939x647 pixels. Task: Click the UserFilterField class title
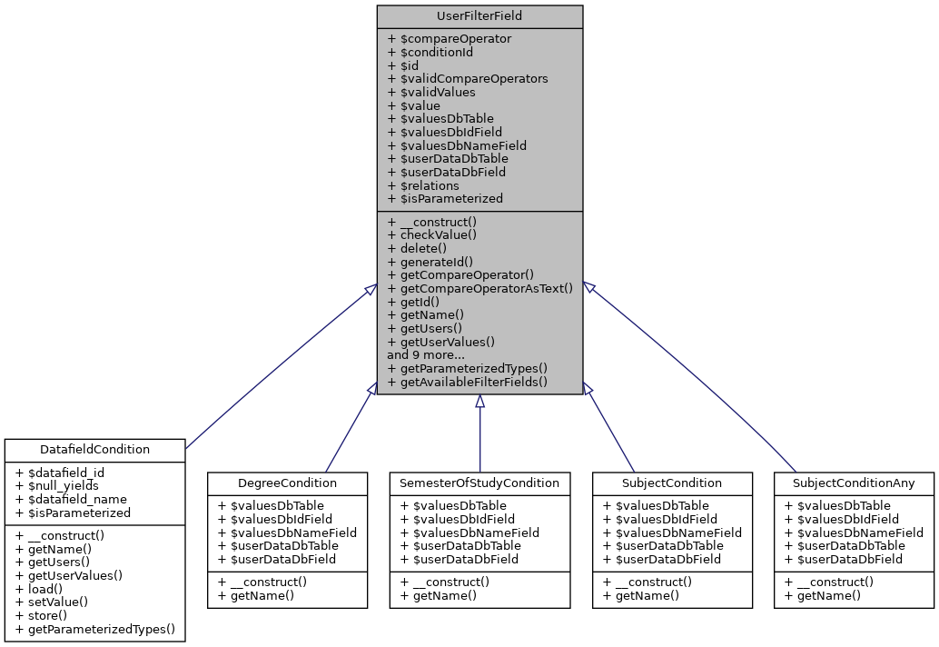point(479,16)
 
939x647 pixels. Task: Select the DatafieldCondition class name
point(95,450)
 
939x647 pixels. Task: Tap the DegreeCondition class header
point(287,483)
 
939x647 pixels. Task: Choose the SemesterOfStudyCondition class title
point(479,483)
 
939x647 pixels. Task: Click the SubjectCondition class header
point(672,483)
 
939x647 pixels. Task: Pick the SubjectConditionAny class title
point(854,483)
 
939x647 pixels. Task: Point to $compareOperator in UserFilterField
point(450,39)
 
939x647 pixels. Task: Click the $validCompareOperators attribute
point(468,79)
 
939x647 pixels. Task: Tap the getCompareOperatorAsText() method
point(480,288)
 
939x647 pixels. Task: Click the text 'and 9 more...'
point(426,355)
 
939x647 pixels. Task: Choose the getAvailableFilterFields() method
point(468,382)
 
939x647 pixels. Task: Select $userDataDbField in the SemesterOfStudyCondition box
point(460,559)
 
